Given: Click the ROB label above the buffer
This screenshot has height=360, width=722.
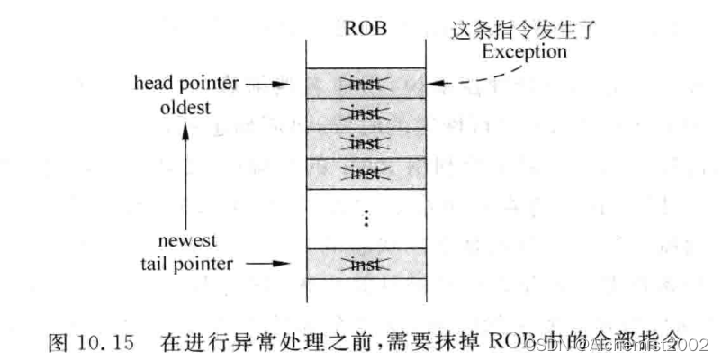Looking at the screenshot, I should (x=365, y=28).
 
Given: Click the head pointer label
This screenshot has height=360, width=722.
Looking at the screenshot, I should (x=185, y=86).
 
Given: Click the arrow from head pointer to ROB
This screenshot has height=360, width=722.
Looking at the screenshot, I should (x=270, y=86).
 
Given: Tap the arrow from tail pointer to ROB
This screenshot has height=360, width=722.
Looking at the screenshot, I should (x=270, y=263).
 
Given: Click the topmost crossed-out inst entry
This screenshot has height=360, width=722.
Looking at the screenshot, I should (x=365, y=85).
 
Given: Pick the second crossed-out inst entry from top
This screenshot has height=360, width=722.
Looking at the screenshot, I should (x=365, y=115).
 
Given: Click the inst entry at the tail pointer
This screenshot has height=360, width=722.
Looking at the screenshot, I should (x=365, y=263).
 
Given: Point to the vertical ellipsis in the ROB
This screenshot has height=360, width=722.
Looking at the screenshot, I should (x=365, y=218).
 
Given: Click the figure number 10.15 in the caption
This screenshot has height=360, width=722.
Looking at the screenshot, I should (x=113, y=343).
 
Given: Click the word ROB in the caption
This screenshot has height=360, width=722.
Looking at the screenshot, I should (x=492, y=343).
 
